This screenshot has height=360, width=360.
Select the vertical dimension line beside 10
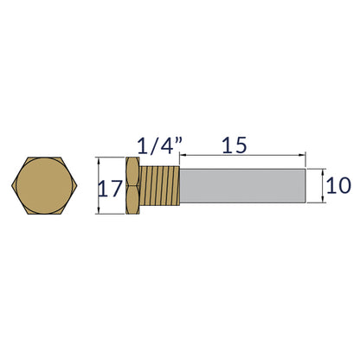pos(325,185)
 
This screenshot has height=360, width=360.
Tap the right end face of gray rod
pos(306,185)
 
